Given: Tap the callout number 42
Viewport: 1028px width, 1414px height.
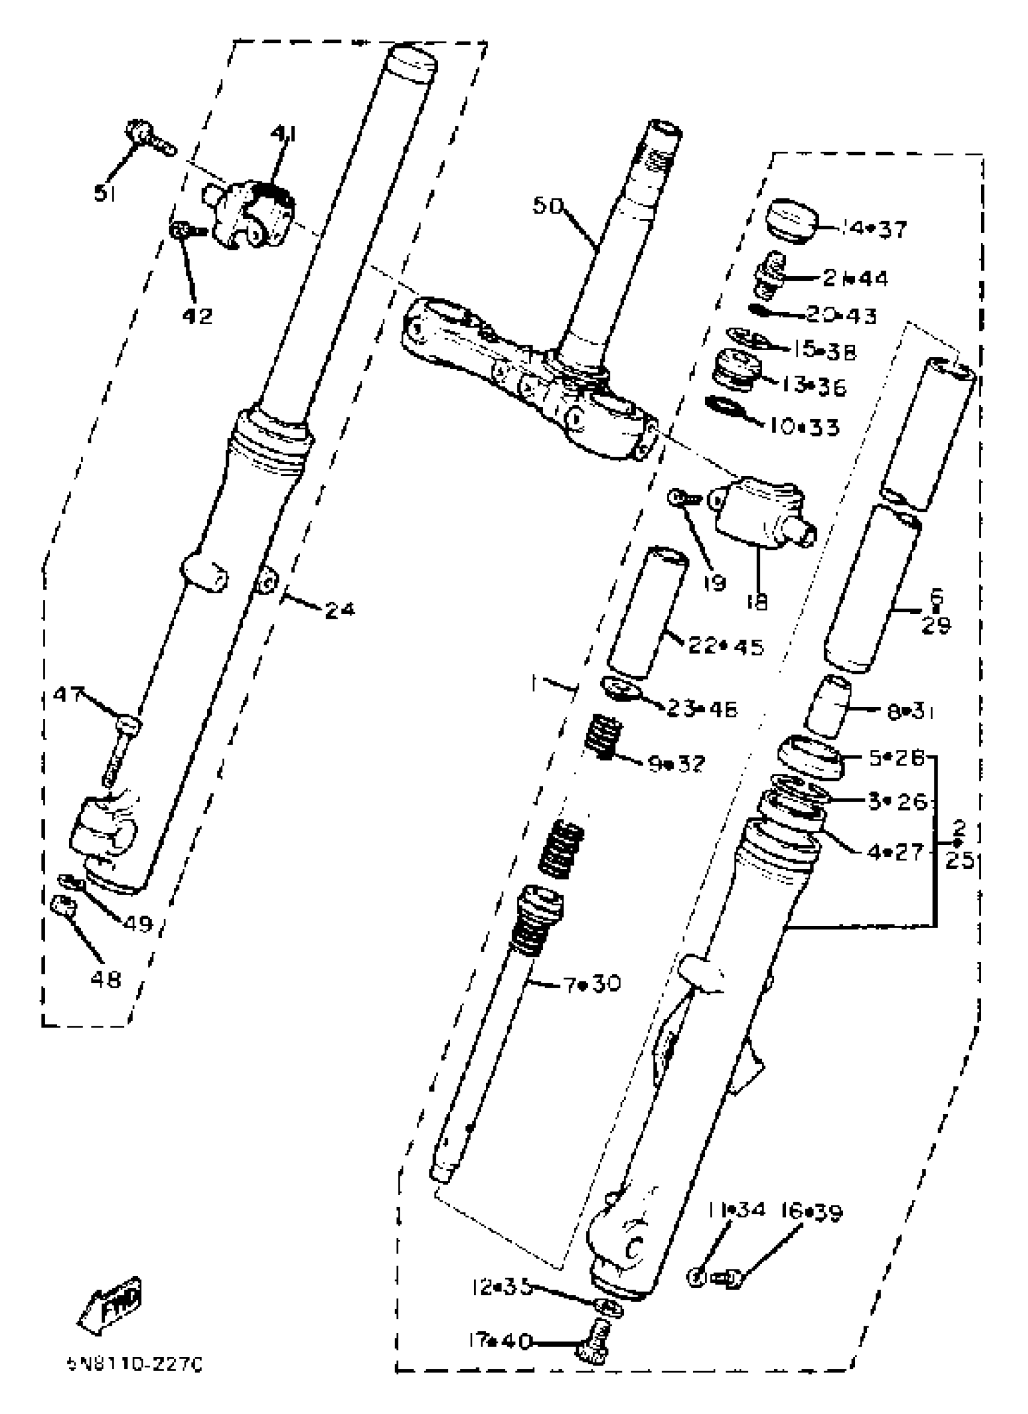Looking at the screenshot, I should point(197,316).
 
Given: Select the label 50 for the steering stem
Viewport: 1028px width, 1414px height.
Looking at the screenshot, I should point(548,206).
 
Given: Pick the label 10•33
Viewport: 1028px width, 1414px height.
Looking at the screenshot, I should point(803,427).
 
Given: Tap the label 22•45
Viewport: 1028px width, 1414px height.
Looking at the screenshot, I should point(726,647).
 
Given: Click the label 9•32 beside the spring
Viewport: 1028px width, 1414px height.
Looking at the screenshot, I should point(677,763).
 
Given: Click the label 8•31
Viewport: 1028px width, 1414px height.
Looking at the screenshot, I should point(911,712).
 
